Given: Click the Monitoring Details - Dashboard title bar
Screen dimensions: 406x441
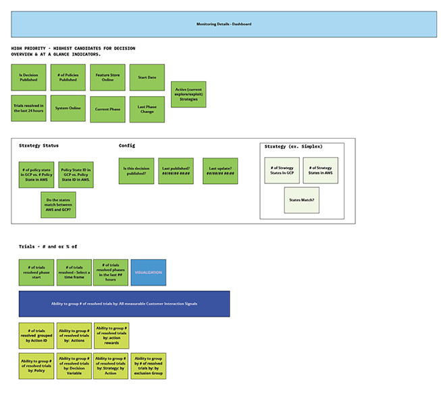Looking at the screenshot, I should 224,24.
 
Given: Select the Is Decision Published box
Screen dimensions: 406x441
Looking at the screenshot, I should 28,78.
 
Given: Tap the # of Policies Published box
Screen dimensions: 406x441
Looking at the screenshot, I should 68,78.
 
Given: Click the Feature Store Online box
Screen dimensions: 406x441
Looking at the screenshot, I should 107,78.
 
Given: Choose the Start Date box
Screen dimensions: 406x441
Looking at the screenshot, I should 147,78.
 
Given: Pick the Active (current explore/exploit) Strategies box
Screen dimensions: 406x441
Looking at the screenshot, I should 188,94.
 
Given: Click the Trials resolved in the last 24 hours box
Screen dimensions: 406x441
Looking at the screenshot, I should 28,108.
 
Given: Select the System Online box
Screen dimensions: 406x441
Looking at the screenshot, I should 68,108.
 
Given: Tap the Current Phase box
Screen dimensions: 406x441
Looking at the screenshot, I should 107,109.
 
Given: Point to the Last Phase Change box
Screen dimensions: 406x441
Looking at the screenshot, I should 147,109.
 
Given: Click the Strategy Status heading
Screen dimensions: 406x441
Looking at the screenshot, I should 38,145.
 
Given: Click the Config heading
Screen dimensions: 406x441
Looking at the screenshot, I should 127,145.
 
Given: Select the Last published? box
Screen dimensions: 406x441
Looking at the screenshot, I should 176,171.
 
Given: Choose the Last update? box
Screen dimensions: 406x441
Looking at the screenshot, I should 220,171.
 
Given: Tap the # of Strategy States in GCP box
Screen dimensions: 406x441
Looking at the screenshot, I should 282,171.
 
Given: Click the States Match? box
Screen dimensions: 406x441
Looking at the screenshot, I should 301,200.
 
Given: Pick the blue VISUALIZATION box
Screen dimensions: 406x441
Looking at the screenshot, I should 148,273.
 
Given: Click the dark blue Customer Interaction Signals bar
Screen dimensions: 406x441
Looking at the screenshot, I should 124,304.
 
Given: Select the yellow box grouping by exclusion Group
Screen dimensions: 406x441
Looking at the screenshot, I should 148,366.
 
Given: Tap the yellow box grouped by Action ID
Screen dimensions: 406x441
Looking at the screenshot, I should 36,335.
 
